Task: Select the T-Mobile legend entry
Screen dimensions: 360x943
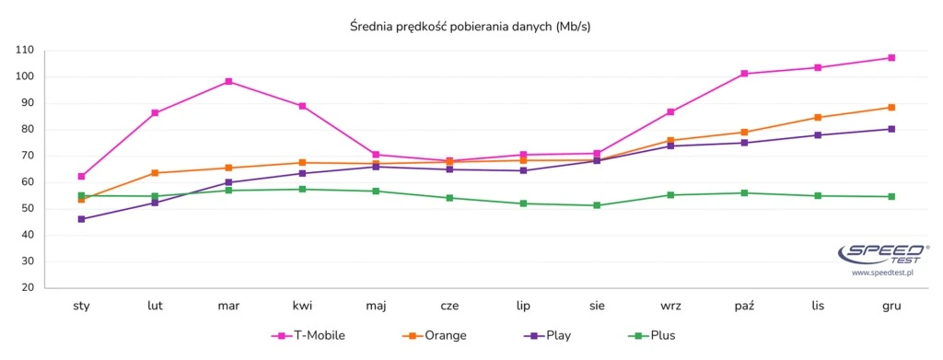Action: click(309, 336)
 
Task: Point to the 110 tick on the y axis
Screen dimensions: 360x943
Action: click(25, 50)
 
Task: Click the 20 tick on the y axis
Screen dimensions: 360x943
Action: click(27, 287)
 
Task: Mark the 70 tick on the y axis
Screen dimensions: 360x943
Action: click(27, 156)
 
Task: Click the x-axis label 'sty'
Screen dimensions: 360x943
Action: click(81, 306)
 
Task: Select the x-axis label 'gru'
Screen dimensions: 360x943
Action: click(891, 306)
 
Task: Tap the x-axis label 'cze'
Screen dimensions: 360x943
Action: click(449, 306)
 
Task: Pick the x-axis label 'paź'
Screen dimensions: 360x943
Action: click(744, 306)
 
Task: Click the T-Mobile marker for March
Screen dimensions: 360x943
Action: click(228, 81)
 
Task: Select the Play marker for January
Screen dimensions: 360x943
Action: click(81, 219)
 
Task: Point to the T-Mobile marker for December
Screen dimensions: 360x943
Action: click(891, 58)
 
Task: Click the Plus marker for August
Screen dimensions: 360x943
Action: click(597, 205)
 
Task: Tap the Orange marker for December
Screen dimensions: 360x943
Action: click(891, 107)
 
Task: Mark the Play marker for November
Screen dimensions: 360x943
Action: click(818, 135)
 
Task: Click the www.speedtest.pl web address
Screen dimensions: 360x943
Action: click(881, 273)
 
